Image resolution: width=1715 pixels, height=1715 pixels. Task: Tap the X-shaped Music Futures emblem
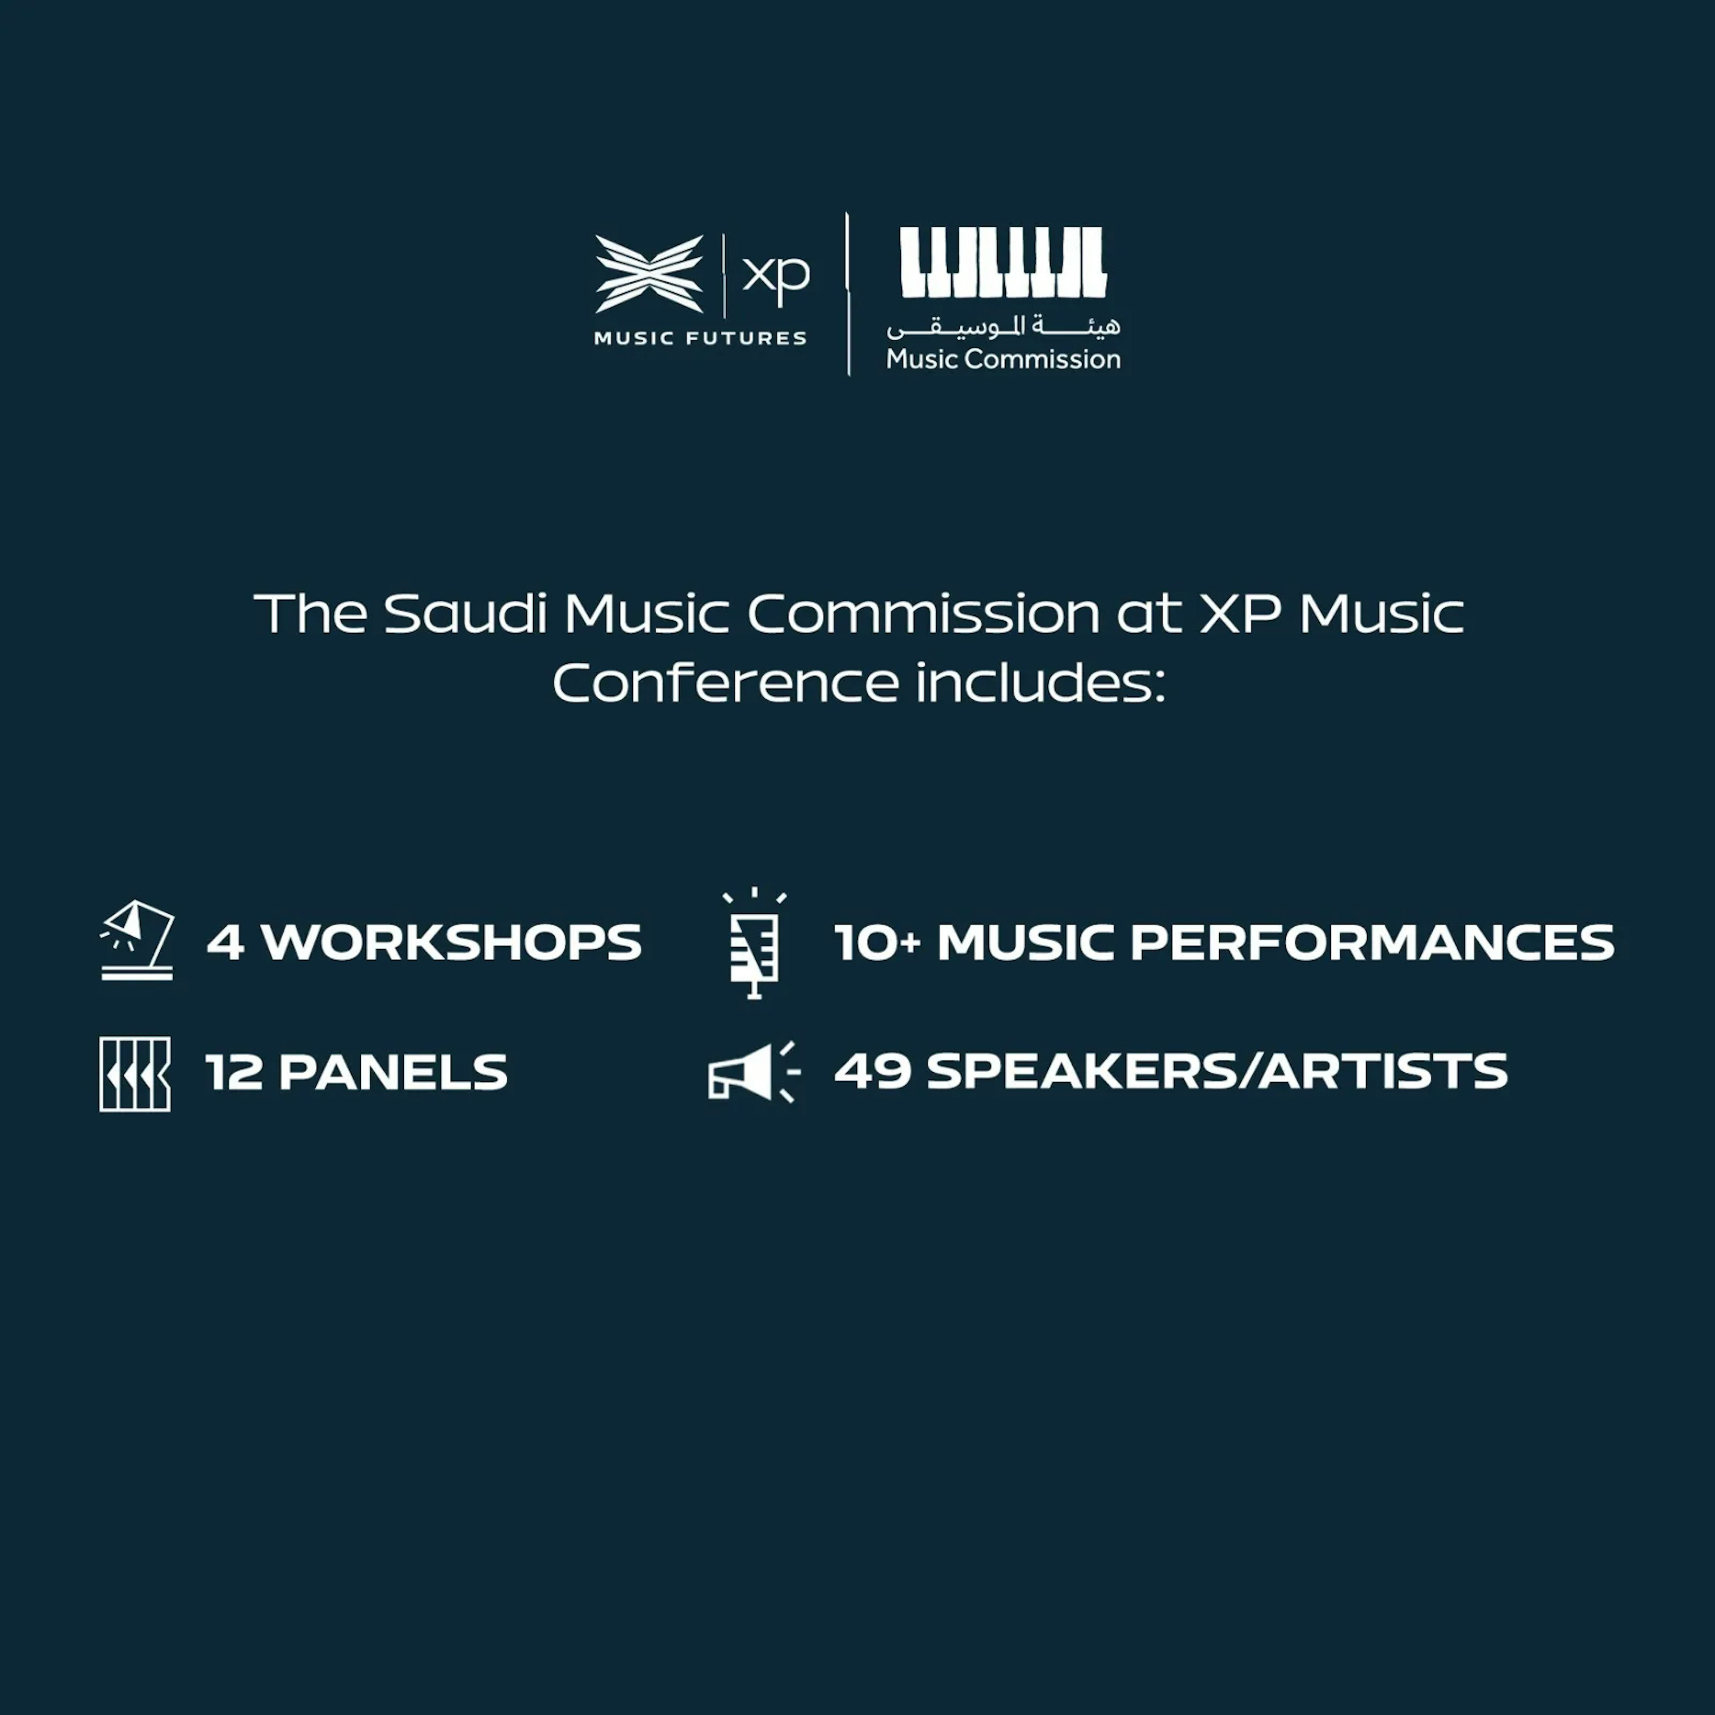[x=649, y=274]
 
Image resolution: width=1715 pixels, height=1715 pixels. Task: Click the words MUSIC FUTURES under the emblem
[x=700, y=338]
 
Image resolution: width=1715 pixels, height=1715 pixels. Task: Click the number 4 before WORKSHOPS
[x=226, y=943]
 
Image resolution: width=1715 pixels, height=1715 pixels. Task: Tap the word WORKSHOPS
[x=451, y=943]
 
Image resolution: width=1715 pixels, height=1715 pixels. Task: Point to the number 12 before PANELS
[x=234, y=1072]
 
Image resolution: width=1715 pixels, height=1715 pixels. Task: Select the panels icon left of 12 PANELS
[x=135, y=1074]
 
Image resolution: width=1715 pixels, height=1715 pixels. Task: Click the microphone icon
[x=754, y=943]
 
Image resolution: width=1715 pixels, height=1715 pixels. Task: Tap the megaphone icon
[x=753, y=1072]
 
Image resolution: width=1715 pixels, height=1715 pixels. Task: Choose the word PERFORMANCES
[x=1372, y=943]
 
